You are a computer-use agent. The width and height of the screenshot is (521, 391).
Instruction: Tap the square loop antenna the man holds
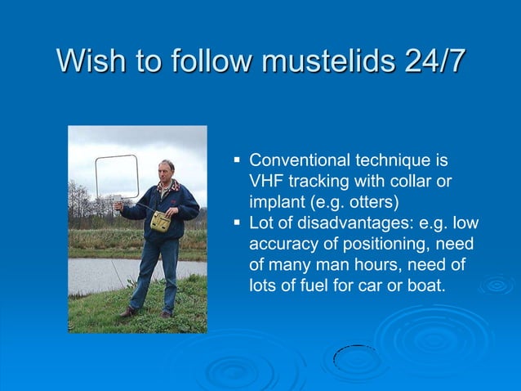117,176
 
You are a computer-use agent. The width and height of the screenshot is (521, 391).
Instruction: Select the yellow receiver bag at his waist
160,221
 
